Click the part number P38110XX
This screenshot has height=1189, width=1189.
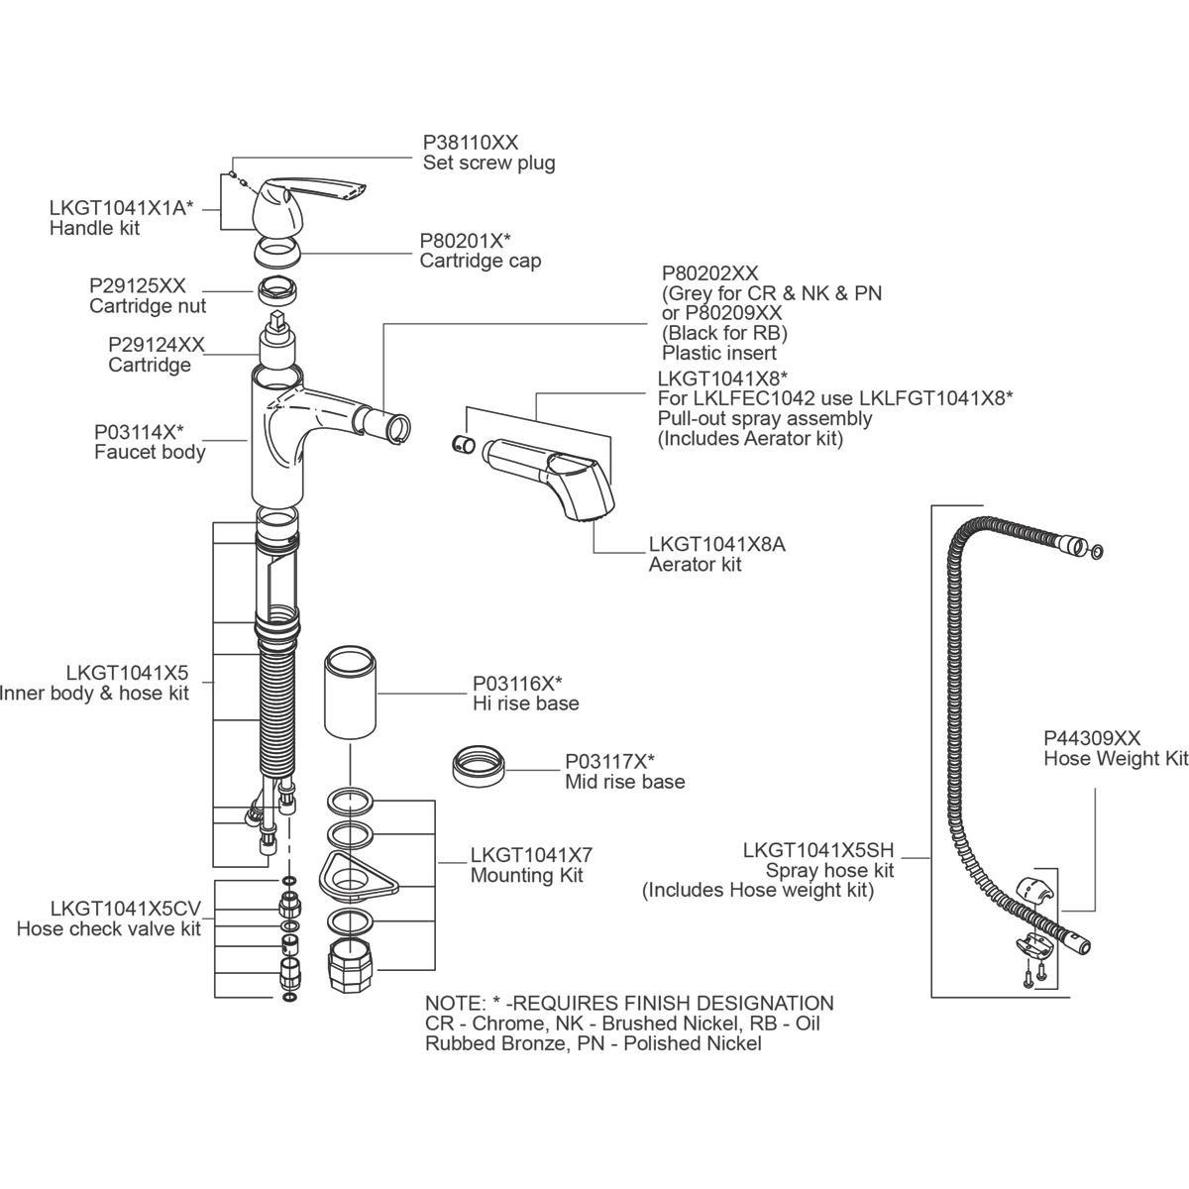pos(471,142)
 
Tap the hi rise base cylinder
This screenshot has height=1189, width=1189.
pos(351,691)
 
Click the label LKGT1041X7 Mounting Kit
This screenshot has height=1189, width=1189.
pos(531,865)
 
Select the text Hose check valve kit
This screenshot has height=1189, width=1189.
pos(109,928)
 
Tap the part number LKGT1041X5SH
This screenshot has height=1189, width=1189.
pos(818,850)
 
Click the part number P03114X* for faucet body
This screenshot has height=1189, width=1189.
pos(140,432)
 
